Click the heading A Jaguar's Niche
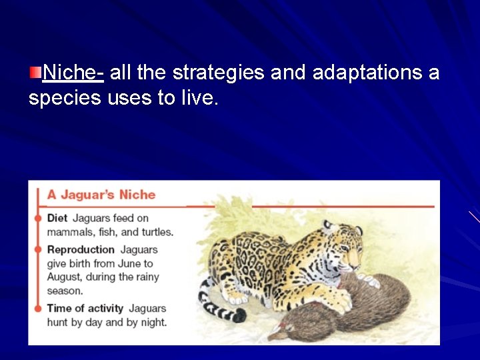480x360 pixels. click(x=101, y=195)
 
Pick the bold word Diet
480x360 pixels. click(x=57, y=218)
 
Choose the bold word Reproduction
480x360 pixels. click(x=81, y=249)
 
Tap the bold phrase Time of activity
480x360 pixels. click(x=85, y=308)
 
